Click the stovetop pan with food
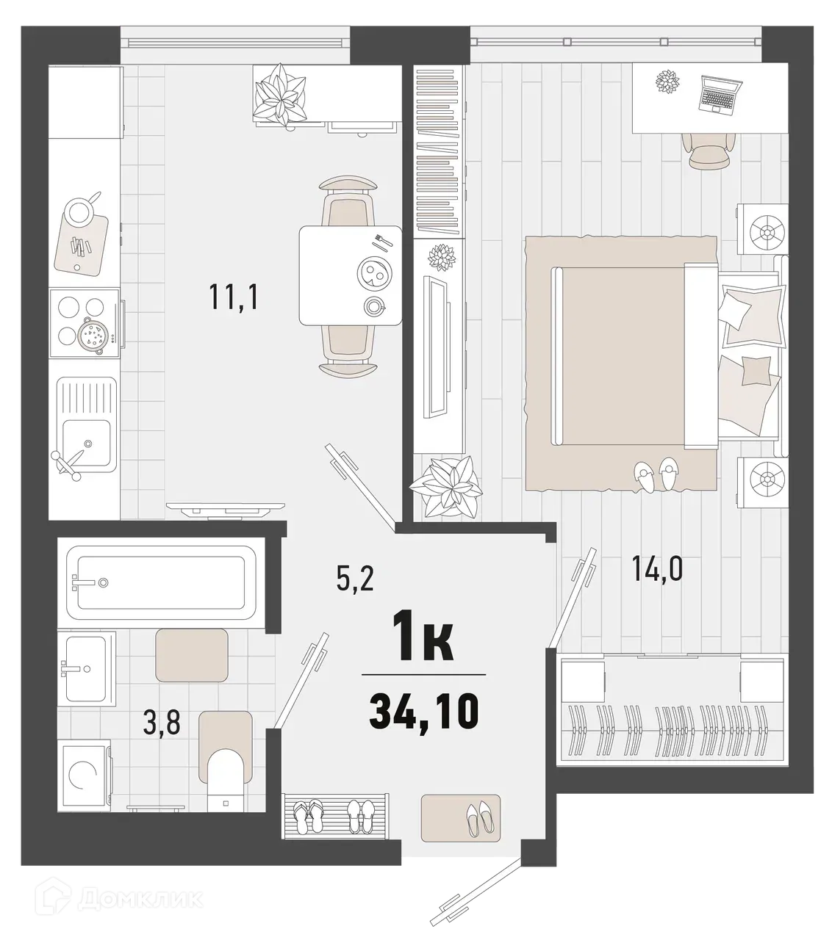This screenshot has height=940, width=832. coord(94,335)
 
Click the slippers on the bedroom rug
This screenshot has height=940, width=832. coord(658,475)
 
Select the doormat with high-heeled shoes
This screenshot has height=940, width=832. coord(461,817)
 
